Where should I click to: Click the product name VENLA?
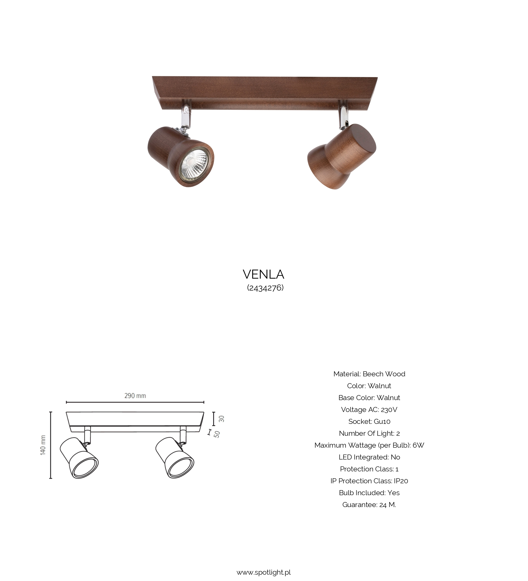[263, 274]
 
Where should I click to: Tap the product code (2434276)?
[265, 288]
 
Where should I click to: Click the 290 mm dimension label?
[135, 396]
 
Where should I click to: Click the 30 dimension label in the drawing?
[221, 419]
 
